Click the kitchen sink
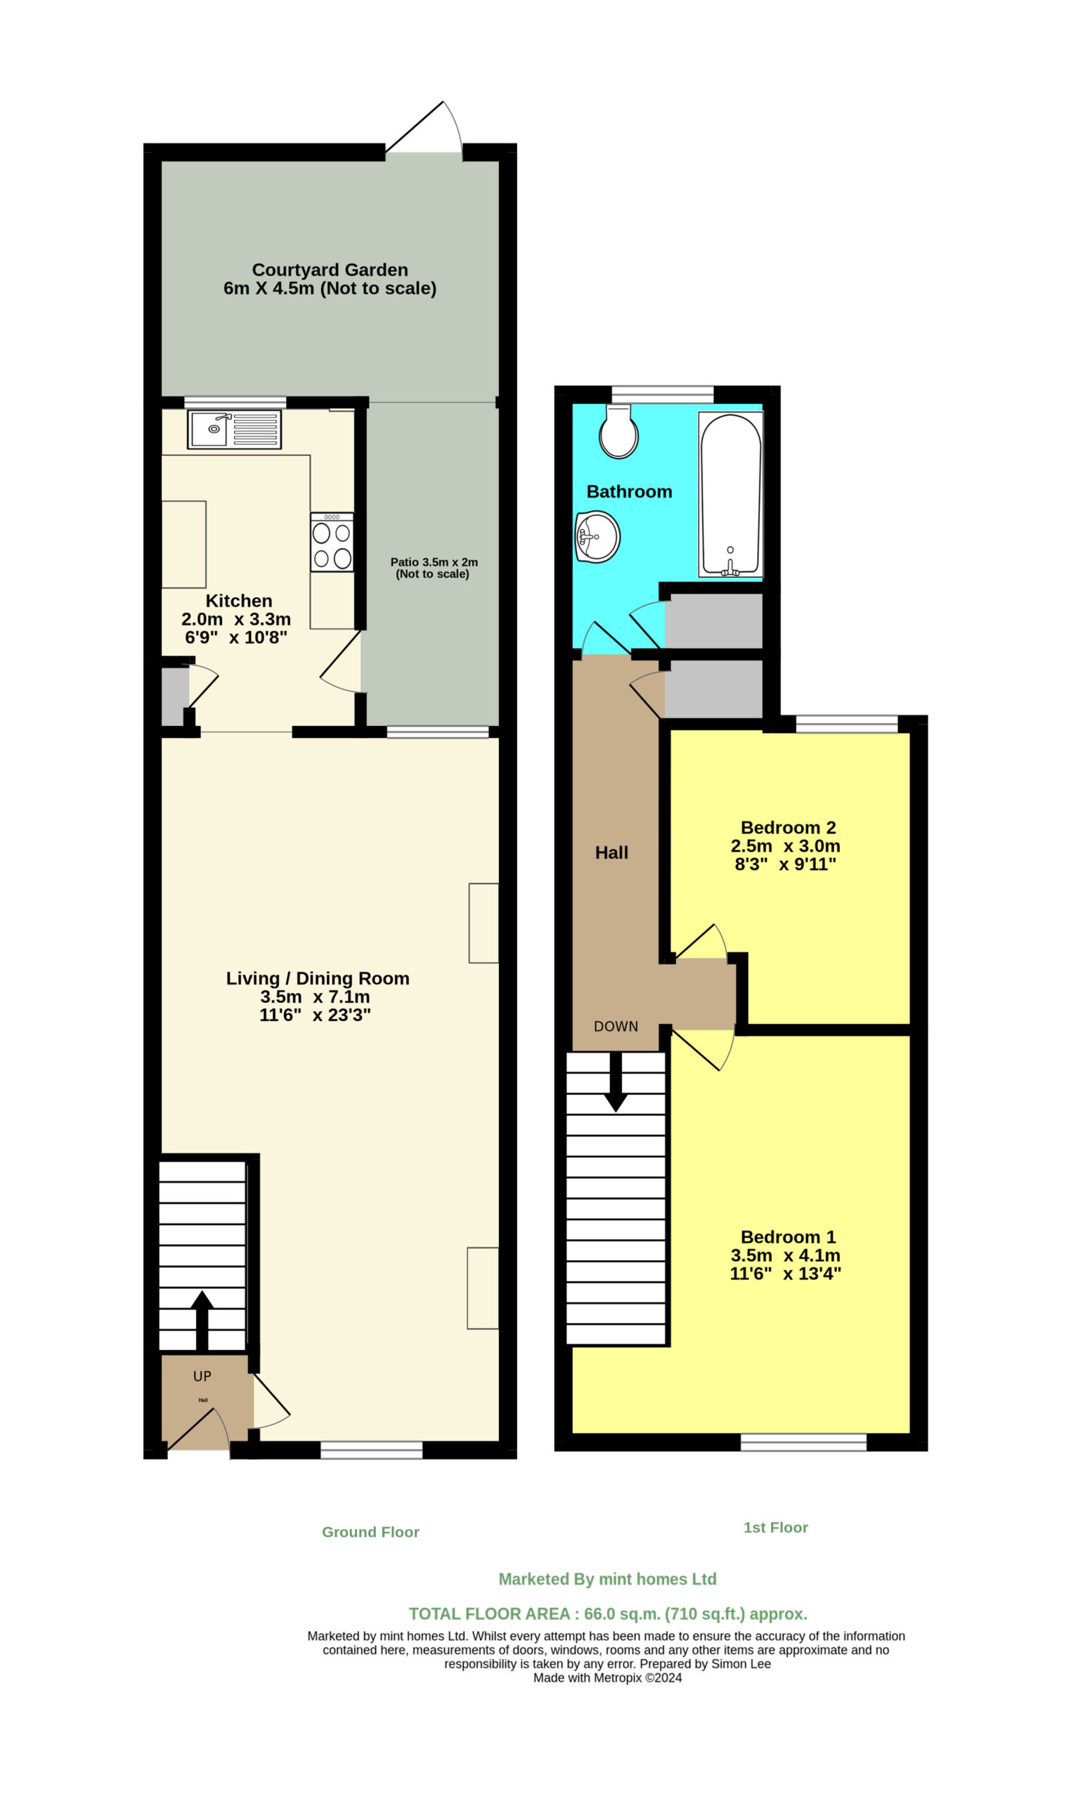tap(235, 429)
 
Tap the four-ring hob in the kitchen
tap(332, 542)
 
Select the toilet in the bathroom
tap(618, 431)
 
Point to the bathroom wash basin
tap(597, 537)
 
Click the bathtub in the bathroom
tap(730, 494)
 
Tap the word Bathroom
tap(630, 491)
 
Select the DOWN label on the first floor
tap(616, 1027)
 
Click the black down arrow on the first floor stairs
tap(616, 1081)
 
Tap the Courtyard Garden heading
tap(330, 270)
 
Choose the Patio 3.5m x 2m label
tap(434, 562)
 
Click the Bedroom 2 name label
tap(788, 828)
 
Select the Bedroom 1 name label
tap(788, 1237)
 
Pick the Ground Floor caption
tap(370, 1532)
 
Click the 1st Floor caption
tap(776, 1528)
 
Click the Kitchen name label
tap(239, 601)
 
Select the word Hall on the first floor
tap(611, 853)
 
